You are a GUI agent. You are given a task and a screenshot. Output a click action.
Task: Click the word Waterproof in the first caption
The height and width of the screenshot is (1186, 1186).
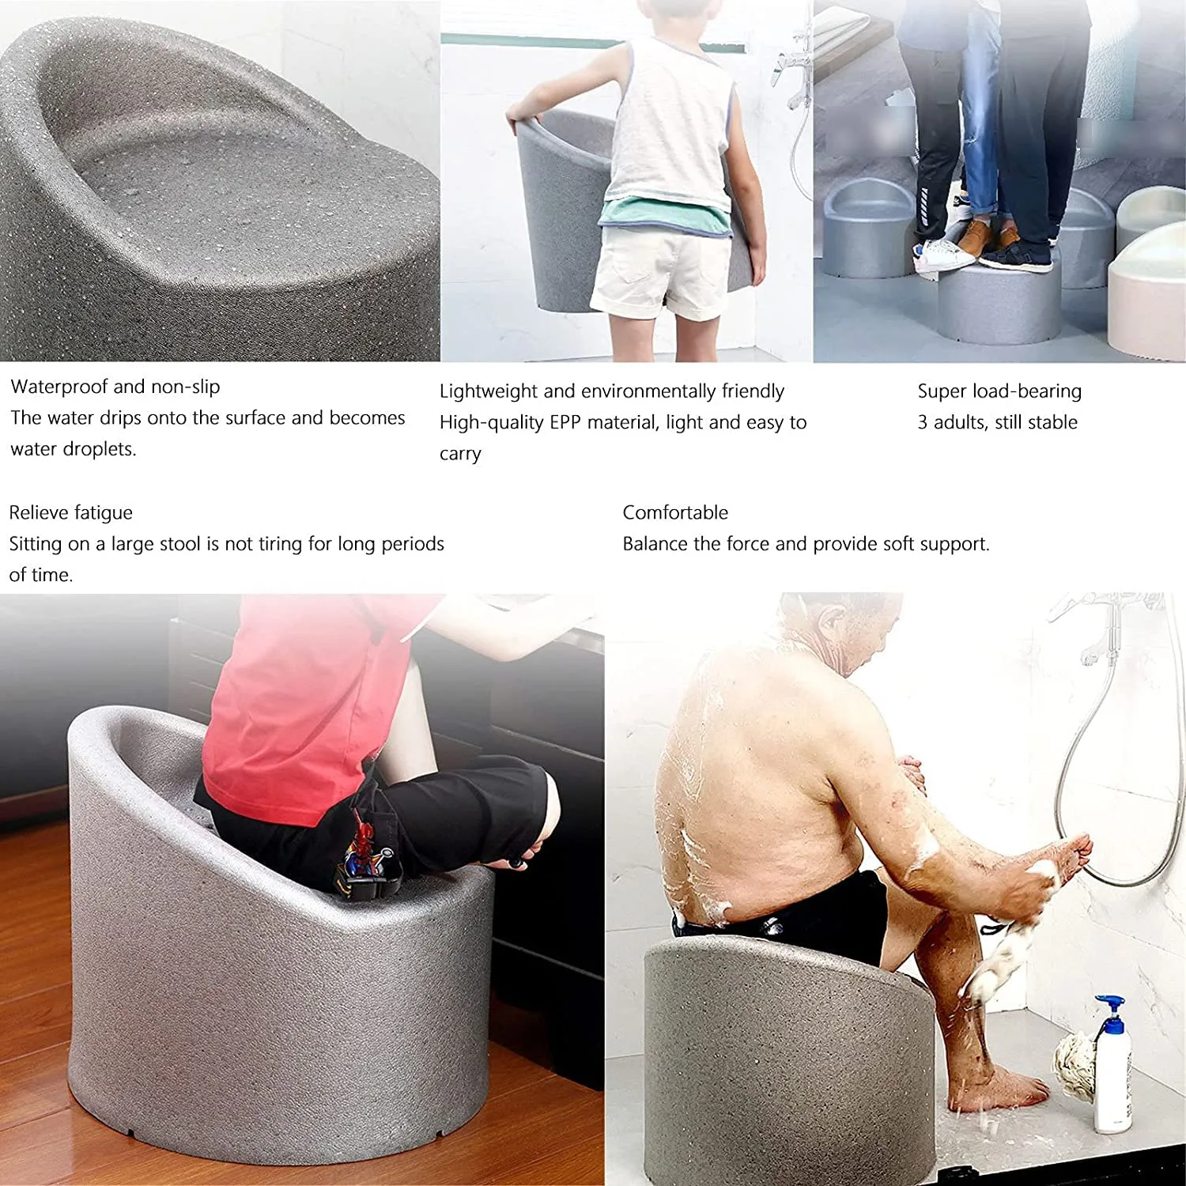59,387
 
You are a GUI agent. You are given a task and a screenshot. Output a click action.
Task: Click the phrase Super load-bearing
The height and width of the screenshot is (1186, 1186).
999,391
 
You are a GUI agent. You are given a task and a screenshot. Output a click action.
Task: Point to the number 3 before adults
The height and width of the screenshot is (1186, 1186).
923,422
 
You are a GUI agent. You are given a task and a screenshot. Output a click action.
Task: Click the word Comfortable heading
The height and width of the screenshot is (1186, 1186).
675,512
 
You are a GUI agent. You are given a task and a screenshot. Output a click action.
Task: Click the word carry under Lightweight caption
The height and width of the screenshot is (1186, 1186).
460,454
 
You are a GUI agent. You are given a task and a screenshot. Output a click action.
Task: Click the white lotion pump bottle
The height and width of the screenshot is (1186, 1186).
1112,1075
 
